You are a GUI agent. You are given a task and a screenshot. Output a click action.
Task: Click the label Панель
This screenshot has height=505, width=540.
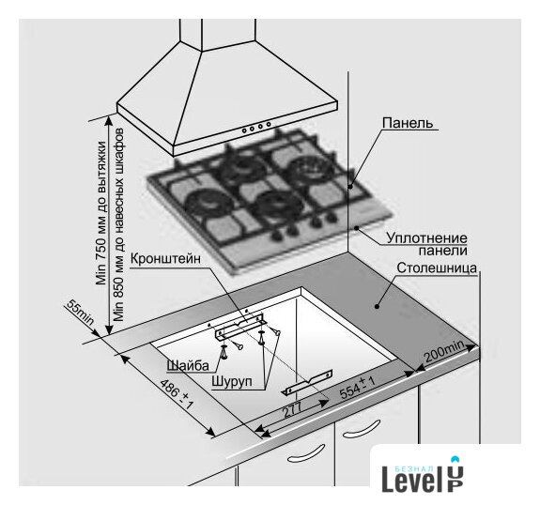408,123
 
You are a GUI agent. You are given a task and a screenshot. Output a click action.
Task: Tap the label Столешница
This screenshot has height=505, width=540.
437,268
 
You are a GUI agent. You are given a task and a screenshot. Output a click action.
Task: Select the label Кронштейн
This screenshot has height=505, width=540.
165,258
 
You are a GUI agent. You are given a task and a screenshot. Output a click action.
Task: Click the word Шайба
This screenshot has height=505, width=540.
188,365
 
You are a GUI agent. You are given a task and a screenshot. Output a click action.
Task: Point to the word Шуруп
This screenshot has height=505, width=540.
232,381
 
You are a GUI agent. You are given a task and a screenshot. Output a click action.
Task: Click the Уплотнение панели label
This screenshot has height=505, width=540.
426,244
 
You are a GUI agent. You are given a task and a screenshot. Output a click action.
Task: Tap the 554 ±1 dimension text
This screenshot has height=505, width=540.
357,388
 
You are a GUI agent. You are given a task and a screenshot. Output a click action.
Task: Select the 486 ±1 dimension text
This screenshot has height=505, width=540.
177,394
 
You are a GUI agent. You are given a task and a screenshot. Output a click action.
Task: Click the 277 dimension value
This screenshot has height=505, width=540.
291,409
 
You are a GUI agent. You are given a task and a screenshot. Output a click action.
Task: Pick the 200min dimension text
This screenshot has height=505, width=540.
444,351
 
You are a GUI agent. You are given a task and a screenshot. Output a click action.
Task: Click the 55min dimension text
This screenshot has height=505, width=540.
80,313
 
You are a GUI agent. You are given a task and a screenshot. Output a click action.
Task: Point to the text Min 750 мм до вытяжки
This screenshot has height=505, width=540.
101,213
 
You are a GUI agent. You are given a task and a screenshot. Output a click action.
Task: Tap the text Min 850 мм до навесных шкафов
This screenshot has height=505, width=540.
118,225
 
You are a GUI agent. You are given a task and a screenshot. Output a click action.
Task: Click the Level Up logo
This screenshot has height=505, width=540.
423,474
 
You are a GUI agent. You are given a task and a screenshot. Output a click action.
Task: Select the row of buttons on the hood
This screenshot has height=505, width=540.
256,127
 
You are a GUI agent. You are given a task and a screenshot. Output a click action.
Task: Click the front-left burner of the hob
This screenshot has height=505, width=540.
204,203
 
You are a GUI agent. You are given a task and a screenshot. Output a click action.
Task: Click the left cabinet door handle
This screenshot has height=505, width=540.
306,453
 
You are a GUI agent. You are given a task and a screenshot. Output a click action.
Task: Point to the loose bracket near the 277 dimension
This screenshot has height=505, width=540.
308,382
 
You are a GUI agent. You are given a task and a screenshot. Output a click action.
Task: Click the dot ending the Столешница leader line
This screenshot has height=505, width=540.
378,306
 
